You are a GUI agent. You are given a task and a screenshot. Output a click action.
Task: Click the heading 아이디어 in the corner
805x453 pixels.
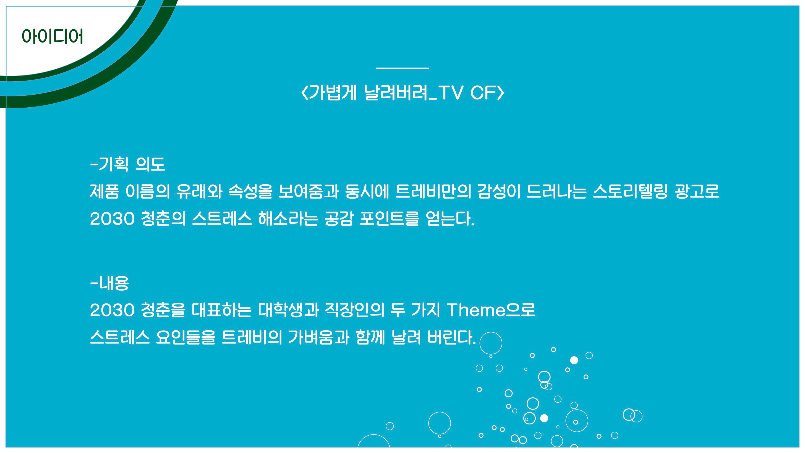(52, 36)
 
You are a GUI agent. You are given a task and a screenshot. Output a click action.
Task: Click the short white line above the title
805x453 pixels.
(402, 68)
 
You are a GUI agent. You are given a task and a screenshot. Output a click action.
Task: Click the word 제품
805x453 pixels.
(104, 191)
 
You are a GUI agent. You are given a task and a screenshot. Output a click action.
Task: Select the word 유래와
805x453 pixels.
(199, 191)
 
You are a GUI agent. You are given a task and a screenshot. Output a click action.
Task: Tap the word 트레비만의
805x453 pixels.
(433, 191)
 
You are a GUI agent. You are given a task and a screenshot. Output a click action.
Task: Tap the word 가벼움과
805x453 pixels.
(318, 337)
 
